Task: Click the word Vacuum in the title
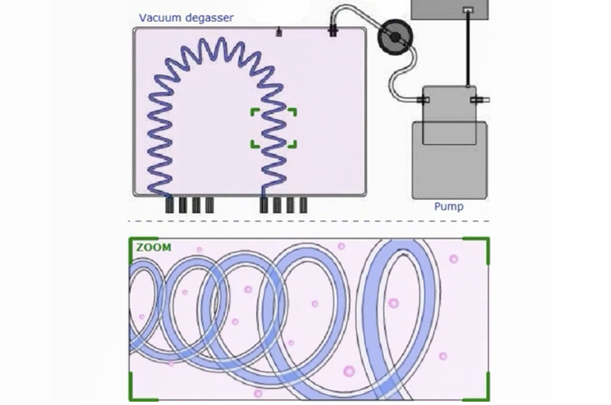pos(160,18)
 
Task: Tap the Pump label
pos(449,207)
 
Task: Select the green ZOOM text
pos(154,248)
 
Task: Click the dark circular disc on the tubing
pos(395,37)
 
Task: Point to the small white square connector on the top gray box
pos(468,10)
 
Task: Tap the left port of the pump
pos(423,100)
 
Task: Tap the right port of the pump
pos(480,100)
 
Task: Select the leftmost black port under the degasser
pos(170,205)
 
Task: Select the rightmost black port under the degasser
pos(303,205)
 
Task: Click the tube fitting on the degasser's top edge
pos(333,30)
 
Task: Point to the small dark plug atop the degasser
pos(279,32)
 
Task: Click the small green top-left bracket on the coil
pos(255,112)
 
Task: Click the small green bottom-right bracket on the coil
pos(293,145)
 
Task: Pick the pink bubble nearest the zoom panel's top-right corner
pos(454,259)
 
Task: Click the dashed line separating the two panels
pos(309,221)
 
